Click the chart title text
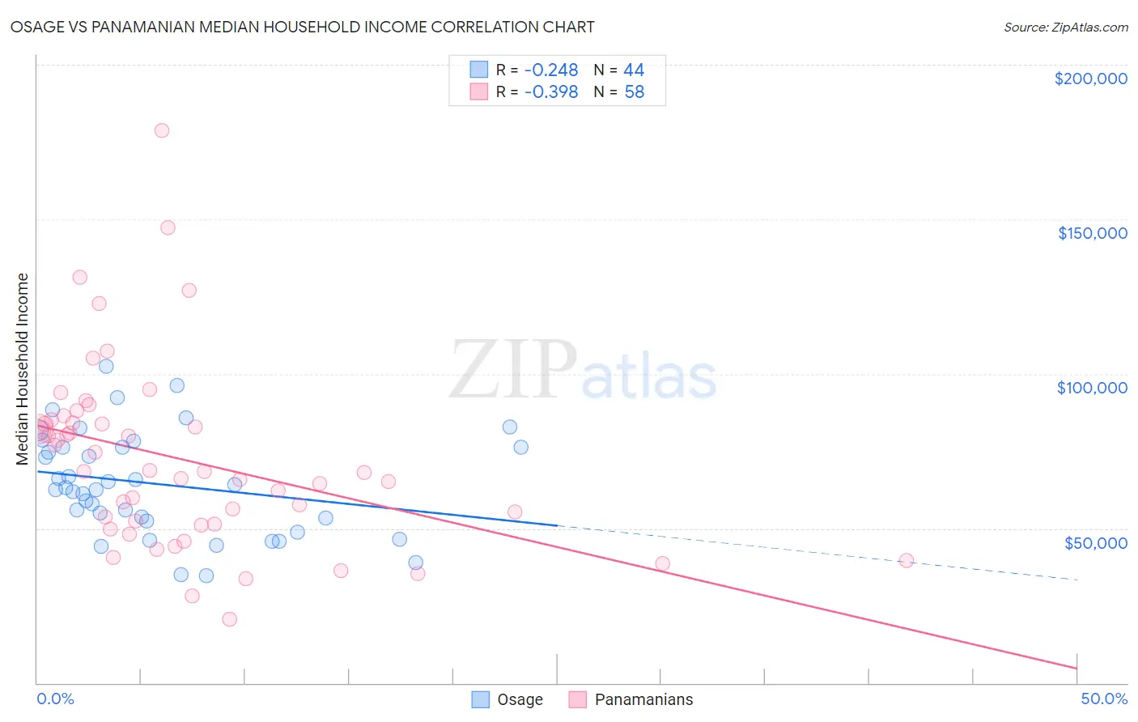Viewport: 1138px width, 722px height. click(302, 27)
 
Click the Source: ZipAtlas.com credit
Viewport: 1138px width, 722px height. click(1065, 27)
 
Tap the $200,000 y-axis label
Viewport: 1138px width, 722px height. click(1090, 79)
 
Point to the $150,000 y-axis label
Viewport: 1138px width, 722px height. click(1092, 233)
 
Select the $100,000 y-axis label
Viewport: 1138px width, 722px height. click(1092, 388)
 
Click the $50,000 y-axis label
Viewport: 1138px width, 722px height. click(1095, 542)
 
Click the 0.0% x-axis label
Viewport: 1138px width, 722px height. click(55, 699)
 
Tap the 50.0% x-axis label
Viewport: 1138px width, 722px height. click(1104, 699)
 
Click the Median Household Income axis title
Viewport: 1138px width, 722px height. click(23, 369)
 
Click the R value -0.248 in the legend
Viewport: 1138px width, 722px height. click(551, 70)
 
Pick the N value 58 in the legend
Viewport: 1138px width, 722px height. click(635, 92)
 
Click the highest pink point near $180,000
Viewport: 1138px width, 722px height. click(162, 130)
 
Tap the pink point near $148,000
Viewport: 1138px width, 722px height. click(168, 227)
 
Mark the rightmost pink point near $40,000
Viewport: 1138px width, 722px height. click(907, 561)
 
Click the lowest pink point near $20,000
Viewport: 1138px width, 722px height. click(230, 619)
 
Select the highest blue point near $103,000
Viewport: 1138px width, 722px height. click(106, 366)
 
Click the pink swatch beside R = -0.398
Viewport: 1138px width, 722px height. click(479, 92)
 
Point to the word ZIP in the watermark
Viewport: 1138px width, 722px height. click(513, 371)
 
